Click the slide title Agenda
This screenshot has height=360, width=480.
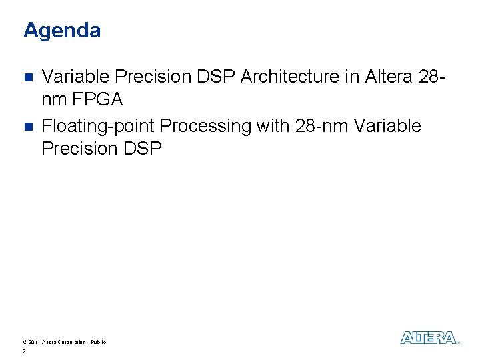[x=62, y=31]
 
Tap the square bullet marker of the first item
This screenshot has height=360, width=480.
[x=27, y=77]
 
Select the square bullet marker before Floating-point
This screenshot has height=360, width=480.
[x=27, y=126]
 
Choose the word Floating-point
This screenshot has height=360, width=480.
[x=98, y=126]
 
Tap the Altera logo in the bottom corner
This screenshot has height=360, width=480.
[x=429, y=338]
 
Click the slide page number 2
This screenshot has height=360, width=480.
[x=24, y=351]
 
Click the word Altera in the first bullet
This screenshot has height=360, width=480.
[x=389, y=77]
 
